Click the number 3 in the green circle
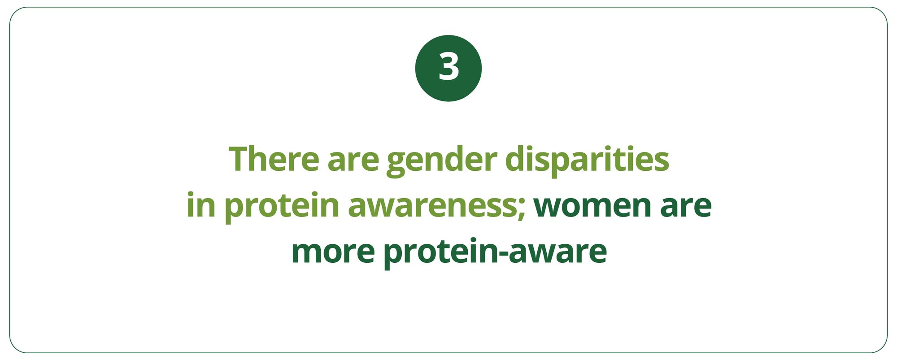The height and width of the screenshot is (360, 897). pyautogui.click(x=448, y=67)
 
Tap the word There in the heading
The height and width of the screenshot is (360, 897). pyautogui.click(x=274, y=159)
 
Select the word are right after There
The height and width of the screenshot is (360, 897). pyautogui.click(x=353, y=162)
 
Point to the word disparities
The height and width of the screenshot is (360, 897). pyautogui.click(x=587, y=160)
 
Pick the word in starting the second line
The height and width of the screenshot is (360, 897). pyautogui.click(x=201, y=205)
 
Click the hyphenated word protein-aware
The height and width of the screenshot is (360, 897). pyautogui.click(x=495, y=253)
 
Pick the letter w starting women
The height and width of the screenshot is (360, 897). pyautogui.click(x=549, y=208)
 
